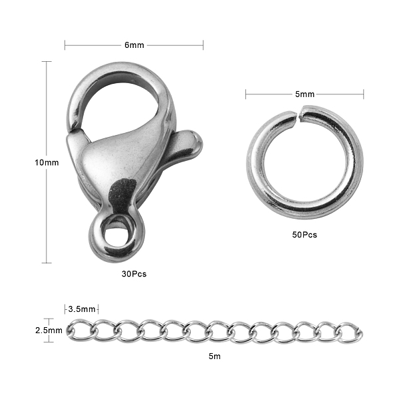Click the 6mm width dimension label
pos(134,45)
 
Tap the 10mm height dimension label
pos(47,162)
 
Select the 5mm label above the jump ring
pos(305,94)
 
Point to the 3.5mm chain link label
pos(82,309)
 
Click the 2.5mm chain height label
pos(49,331)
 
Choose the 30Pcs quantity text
pos(134,274)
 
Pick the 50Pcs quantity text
pos(305,235)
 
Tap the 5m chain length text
pos(215,356)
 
